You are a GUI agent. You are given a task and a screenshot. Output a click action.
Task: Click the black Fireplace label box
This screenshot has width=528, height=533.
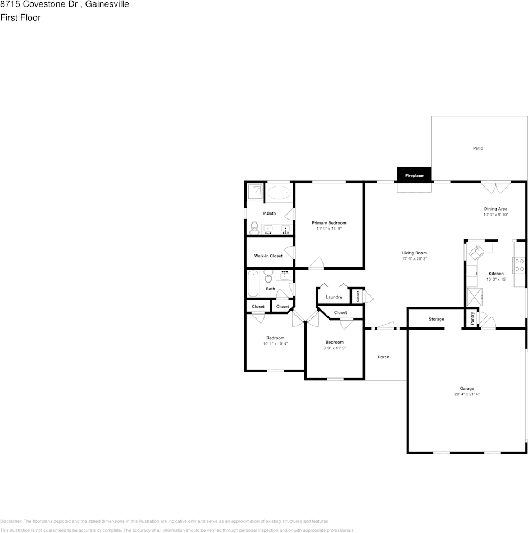tap(414, 176)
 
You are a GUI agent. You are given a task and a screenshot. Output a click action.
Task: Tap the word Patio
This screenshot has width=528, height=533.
tap(477, 148)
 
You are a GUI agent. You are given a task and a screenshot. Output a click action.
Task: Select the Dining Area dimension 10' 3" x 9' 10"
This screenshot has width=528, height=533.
tap(495, 215)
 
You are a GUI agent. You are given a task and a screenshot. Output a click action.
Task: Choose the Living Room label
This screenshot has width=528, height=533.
tap(415, 253)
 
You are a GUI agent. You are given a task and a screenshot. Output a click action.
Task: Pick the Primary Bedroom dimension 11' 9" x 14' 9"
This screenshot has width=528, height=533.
tap(329, 229)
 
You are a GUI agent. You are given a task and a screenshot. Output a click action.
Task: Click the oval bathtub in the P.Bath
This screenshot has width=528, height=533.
tap(279, 194)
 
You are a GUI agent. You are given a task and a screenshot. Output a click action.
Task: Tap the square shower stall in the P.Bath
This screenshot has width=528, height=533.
tap(256, 192)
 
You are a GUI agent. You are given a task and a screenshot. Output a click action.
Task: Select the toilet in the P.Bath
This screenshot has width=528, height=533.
tap(254, 227)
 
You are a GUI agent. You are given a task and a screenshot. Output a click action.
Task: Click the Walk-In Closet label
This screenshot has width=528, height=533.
tap(268, 256)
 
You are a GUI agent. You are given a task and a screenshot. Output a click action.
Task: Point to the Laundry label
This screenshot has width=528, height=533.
tap(334, 297)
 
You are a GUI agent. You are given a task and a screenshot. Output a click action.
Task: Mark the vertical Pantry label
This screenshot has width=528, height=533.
tap(472, 318)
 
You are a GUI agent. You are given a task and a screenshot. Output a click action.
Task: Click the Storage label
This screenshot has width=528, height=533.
tap(436, 319)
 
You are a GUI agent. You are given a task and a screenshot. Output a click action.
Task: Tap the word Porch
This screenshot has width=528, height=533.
tap(384, 357)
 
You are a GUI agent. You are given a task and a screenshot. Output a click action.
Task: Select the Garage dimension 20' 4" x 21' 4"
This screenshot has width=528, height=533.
tap(467, 394)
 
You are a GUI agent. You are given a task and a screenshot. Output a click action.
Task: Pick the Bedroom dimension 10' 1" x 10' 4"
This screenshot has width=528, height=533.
tap(275, 343)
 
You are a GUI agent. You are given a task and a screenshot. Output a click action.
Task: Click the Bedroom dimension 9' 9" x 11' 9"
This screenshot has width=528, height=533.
tap(334, 348)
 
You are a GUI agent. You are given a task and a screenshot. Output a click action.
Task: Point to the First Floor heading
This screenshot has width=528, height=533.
tap(20, 17)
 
